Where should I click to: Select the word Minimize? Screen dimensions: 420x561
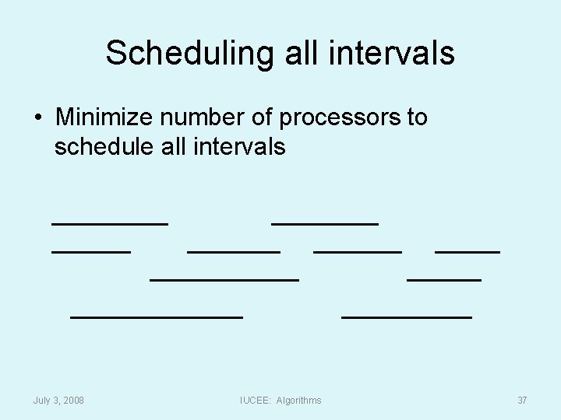click(104, 118)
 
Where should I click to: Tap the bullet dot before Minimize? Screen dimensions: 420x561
click(37, 119)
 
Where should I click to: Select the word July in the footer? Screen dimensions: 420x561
click(43, 400)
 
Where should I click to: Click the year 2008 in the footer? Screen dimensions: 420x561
click(72, 400)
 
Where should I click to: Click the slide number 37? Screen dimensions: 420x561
click(522, 400)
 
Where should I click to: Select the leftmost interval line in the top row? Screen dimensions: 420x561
click(110, 223)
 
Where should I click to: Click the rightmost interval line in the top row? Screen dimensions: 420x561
click(325, 223)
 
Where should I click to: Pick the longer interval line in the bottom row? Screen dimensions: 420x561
click(157, 317)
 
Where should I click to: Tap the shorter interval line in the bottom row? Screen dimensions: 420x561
click(407, 317)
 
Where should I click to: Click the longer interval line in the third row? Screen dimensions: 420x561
click(224, 278)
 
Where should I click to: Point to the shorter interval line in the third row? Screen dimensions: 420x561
click(444, 278)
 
